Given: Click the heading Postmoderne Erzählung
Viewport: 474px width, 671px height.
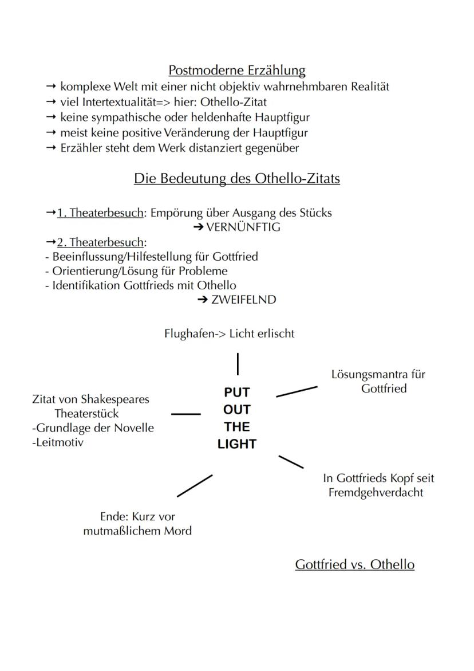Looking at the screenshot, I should point(236,70).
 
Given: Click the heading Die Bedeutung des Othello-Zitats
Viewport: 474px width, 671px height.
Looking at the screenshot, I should point(236,179).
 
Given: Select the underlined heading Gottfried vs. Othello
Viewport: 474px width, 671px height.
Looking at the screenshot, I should point(354,564).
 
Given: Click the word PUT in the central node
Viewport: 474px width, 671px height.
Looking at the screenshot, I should point(237,393).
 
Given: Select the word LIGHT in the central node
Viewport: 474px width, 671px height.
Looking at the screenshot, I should point(237,444).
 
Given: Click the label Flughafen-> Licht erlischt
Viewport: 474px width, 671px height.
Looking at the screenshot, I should point(229,333).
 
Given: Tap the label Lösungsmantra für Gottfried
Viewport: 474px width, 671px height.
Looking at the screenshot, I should point(378,382).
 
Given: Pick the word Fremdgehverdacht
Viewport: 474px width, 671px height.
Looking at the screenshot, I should point(376,492).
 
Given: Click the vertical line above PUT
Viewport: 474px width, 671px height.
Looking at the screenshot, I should point(238,364).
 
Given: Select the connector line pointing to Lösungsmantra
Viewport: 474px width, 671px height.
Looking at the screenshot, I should point(297,391).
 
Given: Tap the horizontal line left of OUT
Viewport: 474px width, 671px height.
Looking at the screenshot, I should point(186,413).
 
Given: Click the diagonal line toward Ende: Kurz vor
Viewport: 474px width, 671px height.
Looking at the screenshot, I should point(195,485).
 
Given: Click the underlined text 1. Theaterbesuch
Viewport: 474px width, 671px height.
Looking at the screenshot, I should point(98,213).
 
